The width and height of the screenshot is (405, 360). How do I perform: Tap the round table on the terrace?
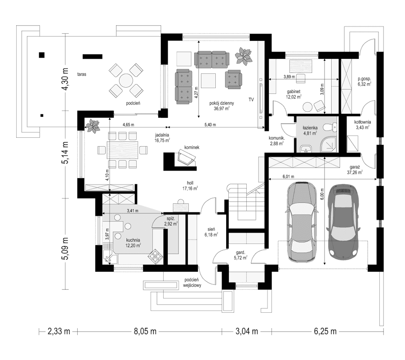125,80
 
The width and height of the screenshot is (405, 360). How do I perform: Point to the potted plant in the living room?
244,56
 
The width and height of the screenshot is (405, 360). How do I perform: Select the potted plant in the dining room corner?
93,125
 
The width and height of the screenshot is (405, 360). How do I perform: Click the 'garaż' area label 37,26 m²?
355,169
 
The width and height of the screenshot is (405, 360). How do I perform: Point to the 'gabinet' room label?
293,93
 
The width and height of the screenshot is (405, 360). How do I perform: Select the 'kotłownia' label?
362,124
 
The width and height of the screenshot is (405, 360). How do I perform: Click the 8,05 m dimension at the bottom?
144,332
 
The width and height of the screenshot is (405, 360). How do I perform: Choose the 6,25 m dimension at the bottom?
325,332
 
